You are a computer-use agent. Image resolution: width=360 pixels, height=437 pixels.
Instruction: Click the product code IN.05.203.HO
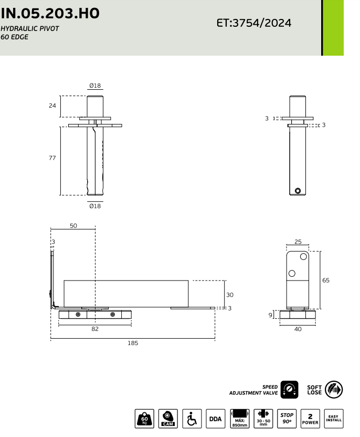point(50,13)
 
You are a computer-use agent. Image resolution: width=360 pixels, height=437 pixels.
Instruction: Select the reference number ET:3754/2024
point(254,23)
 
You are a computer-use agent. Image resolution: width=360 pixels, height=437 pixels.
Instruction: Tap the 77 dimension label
point(52,158)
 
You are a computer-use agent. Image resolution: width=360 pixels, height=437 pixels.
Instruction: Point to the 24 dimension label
point(52,106)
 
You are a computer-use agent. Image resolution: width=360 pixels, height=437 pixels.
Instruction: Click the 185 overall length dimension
point(133,343)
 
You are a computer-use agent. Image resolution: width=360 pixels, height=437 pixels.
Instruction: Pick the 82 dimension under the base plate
point(95,329)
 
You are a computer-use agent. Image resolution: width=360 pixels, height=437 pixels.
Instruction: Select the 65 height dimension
point(326,280)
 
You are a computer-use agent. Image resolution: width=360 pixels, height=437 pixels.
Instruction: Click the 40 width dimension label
point(298,329)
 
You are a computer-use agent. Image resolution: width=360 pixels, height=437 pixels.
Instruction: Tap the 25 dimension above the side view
point(298,242)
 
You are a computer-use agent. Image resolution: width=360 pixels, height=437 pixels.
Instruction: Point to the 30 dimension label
point(230,295)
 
